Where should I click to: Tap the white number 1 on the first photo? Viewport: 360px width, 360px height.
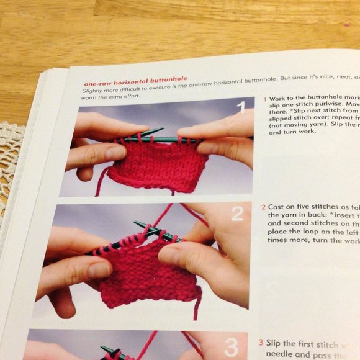(x=240, y=110)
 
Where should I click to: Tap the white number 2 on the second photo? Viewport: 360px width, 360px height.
(x=237, y=214)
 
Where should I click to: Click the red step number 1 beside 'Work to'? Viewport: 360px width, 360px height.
(x=265, y=99)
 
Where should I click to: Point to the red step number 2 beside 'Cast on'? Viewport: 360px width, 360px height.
(x=263, y=207)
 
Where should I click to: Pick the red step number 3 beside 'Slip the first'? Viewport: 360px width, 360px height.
(x=260, y=342)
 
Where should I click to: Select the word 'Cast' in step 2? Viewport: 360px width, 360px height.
(x=279, y=207)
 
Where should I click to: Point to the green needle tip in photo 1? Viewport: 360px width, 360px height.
(x=160, y=130)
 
